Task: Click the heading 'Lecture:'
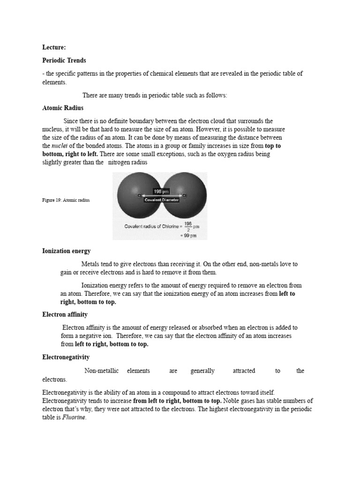pyautogui.click(x=54, y=47)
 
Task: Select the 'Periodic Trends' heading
pyautogui.click(x=65, y=61)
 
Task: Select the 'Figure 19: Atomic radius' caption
pyautogui.click(x=66, y=200)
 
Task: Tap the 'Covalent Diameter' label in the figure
pyautogui.click(x=161, y=200)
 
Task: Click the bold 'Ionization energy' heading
pyautogui.click(x=66, y=251)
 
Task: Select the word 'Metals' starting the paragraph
pyautogui.click(x=90, y=264)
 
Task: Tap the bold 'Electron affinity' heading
pyautogui.click(x=65, y=315)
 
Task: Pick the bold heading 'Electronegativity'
pyautogui.click(x=66, y=357)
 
